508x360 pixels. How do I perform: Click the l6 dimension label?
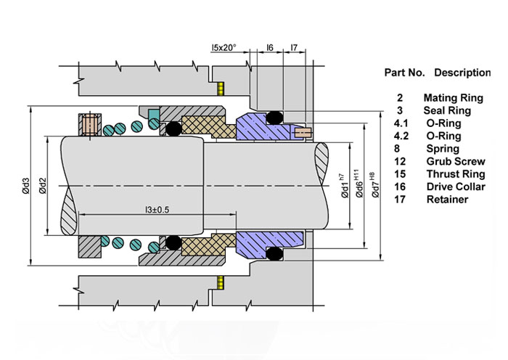click(269, 47)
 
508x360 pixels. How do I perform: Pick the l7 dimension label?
click(294, 47)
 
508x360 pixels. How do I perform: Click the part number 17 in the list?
click(400, 200)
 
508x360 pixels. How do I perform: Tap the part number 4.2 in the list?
click(399, 136)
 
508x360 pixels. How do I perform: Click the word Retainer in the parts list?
click(447, 200)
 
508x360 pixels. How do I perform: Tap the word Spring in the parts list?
click(443, 148)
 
